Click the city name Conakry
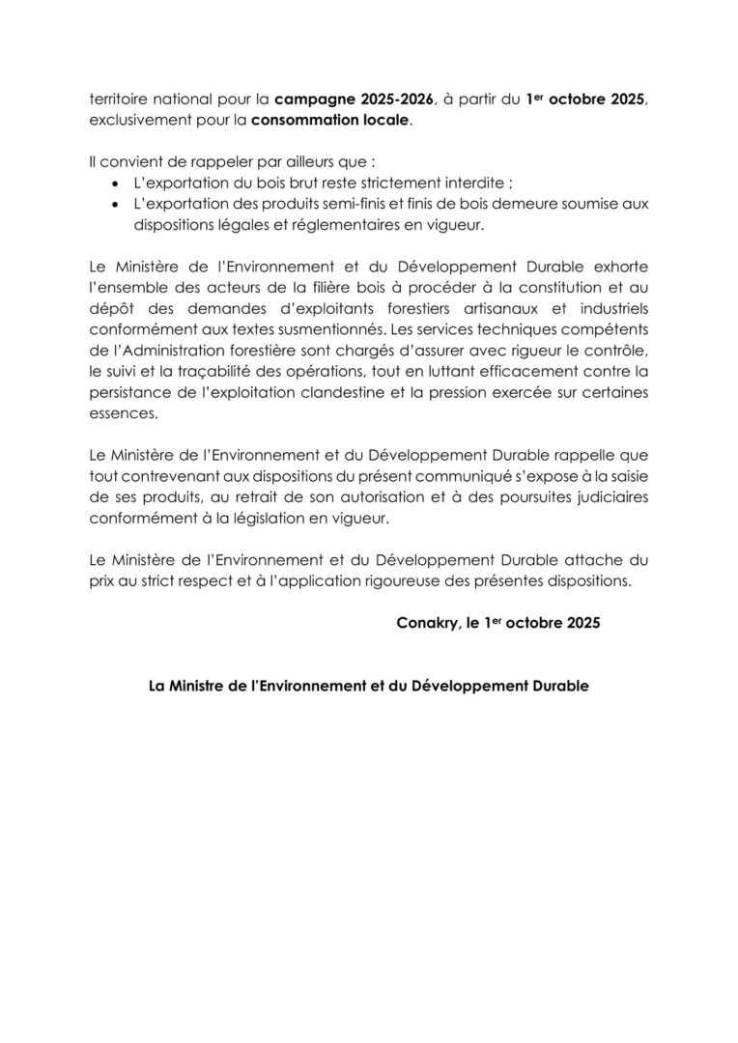tap(426, 623)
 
